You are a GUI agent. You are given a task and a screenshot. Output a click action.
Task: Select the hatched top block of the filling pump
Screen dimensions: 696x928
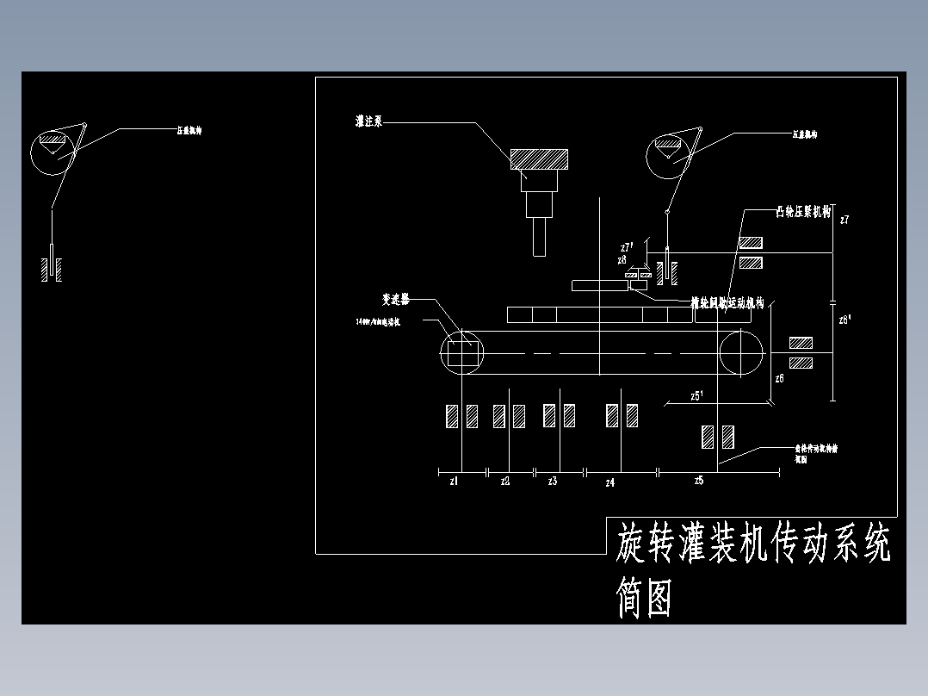(x=539, y=159)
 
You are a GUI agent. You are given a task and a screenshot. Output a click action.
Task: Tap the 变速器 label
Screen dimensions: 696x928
(x=395, y=300)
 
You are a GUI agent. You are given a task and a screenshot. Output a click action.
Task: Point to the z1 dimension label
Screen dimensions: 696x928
(x=454, y=482)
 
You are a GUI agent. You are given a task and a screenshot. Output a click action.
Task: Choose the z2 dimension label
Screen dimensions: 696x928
(x=505, y=482)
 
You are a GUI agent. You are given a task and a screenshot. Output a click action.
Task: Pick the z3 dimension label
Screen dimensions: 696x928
(x=553, y=482)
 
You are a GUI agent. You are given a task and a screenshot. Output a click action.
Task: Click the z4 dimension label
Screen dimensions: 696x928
(x=609, y=483)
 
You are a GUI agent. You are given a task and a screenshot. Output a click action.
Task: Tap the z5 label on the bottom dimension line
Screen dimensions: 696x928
(x=699, y=481)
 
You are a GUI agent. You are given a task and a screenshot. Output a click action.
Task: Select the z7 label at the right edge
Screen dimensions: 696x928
(x=844, y=221)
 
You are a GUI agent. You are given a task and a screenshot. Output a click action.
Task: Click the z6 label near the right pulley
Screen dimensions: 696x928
(x=779, y=378)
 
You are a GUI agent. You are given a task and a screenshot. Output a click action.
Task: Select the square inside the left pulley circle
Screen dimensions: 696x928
(x=462, y=353)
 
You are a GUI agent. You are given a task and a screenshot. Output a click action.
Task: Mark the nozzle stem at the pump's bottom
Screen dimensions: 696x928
(x=540, y=237)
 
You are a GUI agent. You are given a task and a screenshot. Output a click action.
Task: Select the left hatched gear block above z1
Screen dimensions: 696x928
(x=451, y=416)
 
